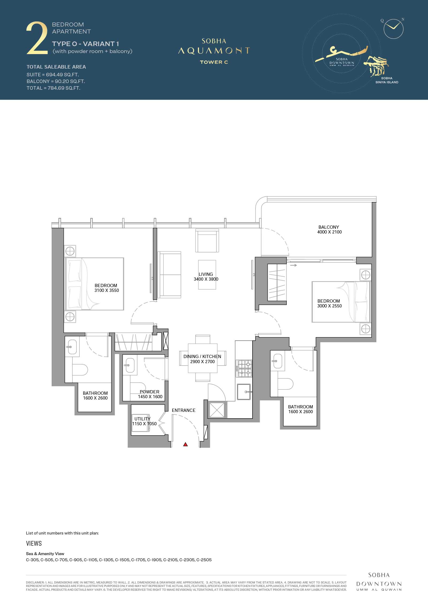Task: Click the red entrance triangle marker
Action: [x=185, y=445]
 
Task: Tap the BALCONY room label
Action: [x=328, y=227]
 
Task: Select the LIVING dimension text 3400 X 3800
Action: [x=206, y=279]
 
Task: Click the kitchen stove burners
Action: [x=244, y=368]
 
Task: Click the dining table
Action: [x=203, y=358]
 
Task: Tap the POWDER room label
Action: [x=150, y=392]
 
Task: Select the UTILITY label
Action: [x=142, y=419]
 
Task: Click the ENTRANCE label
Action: [x=184, y=410]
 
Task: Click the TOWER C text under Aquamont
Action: [x=214, y=62]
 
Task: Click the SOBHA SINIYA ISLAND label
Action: [x=387, y=80]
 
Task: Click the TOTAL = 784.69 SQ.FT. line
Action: [x=53, y=88]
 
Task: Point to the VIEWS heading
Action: [x=34, y=543]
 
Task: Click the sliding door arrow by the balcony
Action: [x=293, y=265]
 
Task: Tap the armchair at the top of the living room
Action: [x=207, y=240]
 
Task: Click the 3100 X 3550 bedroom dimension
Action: [x=107, y=290]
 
